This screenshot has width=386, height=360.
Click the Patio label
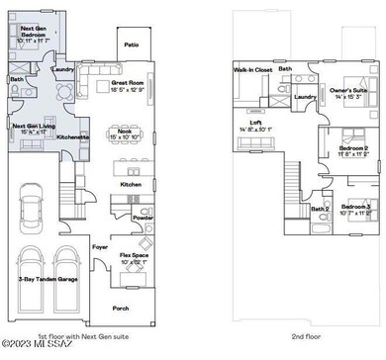131,45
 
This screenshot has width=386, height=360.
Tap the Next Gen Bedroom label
34,34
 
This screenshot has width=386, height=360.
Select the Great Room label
130,85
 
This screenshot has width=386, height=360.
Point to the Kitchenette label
72,136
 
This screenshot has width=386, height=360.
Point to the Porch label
121,308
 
